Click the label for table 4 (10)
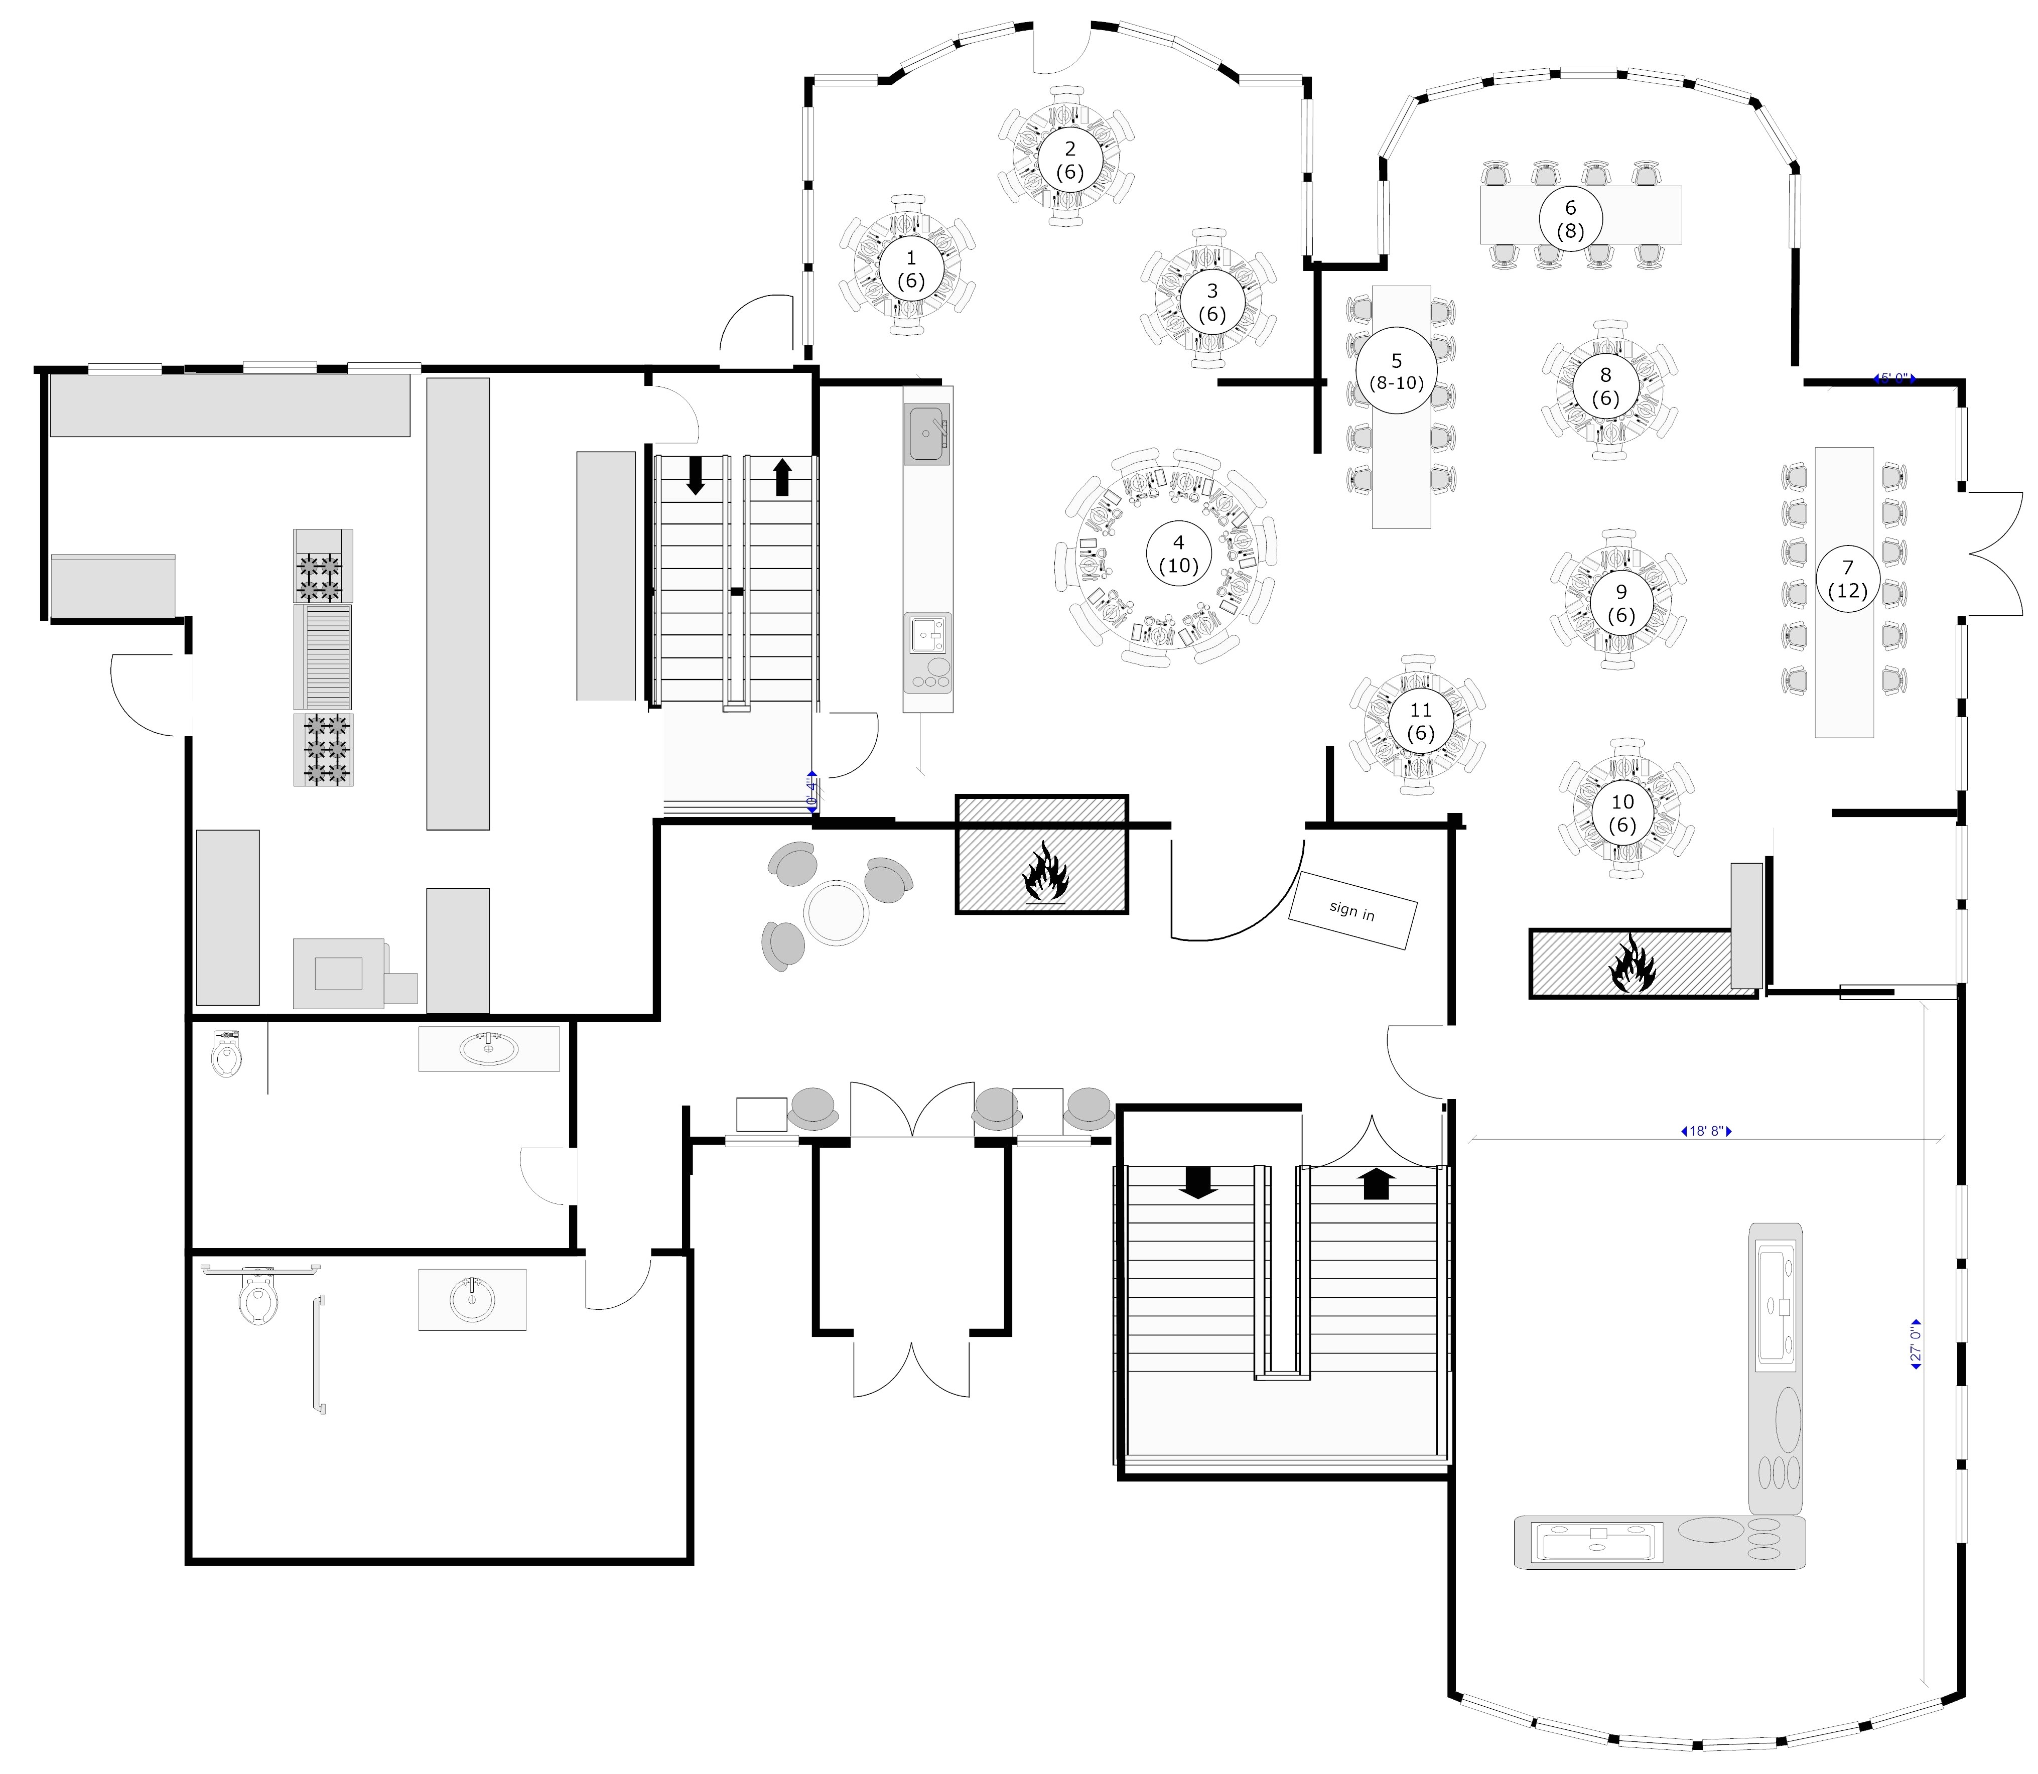(x=1178, y=555)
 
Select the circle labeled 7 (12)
(x=1847, y=579)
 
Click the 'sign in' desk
(x=1352, y=910)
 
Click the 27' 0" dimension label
(x=1915, y=1344)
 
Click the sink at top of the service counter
(x=927, y=433)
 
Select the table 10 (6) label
(x=1622, y=813)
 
